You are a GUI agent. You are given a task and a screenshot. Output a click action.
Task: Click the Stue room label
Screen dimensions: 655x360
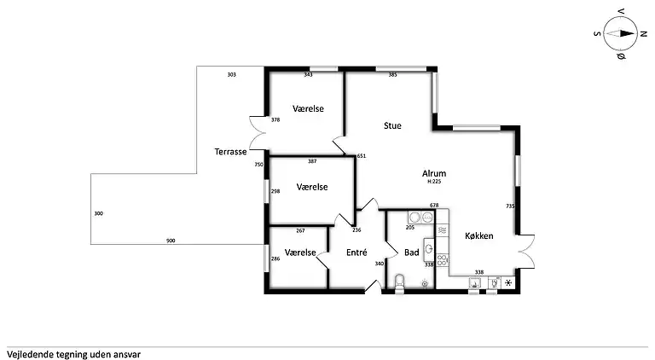tap(392, 125)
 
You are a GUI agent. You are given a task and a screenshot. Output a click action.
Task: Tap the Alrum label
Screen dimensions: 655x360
tap(434, 173)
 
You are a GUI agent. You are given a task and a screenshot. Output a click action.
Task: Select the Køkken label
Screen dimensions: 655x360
tap(479, 236)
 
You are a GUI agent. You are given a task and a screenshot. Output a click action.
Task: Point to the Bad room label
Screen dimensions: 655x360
tap(411, 253)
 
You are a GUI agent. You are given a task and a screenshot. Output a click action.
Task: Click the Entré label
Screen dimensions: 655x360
tap(356, 253)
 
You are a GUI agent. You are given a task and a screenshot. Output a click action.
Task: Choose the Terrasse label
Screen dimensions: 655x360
tap(230, 152)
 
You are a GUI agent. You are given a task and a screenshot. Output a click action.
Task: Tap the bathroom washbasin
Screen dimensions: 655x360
tap(429, 250)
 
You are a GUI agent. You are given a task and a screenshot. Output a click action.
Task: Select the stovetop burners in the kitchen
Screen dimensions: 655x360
tap(443, 260)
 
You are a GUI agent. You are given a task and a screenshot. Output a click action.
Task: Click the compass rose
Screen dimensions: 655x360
tap(620, 34)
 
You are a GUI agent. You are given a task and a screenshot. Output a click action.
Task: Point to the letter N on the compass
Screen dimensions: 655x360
tap(643, 34)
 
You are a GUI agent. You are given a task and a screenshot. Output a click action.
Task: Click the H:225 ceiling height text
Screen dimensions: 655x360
tap(434, 182)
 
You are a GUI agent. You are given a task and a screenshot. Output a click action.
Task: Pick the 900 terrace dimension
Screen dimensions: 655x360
tap(171, 241)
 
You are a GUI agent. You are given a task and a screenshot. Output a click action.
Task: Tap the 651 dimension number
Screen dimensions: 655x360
tap(362, 156)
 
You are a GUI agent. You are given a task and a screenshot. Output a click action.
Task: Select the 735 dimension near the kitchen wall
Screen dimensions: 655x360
tap(510, 206)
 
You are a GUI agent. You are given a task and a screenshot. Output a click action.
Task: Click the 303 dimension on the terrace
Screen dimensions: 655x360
tap(231, 75)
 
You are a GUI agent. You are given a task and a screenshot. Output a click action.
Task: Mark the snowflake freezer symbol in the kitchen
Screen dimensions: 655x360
tap(508, 283)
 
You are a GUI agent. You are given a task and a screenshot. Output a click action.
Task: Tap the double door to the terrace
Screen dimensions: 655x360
tap(258, 132)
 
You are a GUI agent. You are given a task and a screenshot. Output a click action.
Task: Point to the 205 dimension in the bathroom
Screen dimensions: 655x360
tap(410, 227)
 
